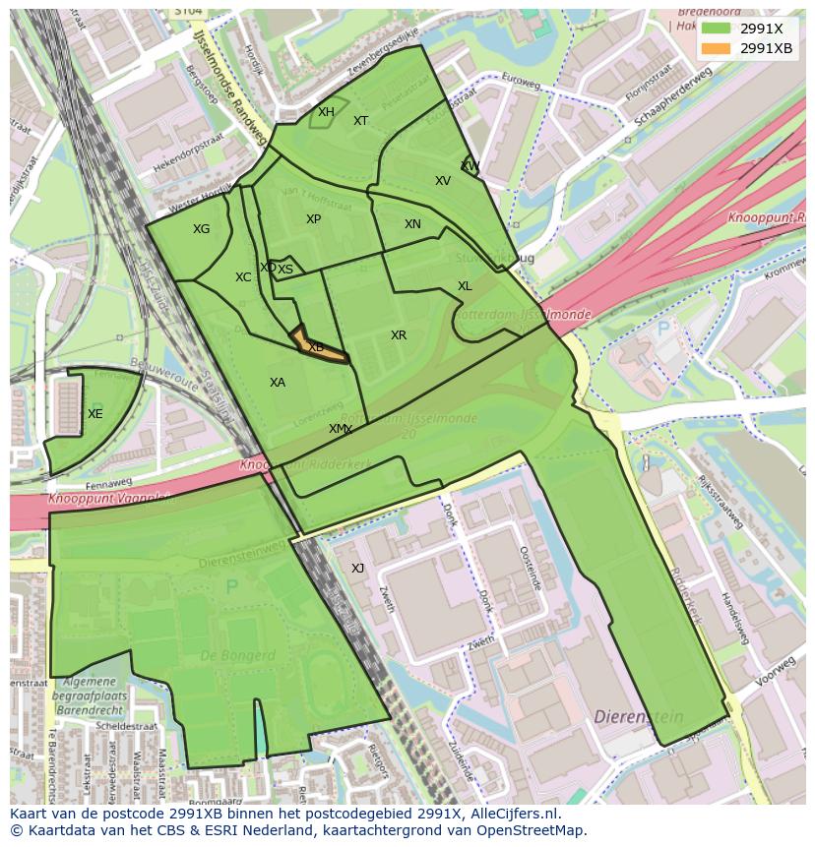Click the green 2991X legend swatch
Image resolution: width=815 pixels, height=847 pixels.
click(x=716, y=29)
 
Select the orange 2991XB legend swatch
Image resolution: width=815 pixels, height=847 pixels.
click(x=716, y=48)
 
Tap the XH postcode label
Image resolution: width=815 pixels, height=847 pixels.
click(x=326, y=112)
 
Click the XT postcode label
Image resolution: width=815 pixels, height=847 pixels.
click(x=360, y=121)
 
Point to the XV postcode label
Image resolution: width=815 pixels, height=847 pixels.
click(x=443, y=181)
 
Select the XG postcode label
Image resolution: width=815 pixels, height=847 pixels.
click(x=201, y=229)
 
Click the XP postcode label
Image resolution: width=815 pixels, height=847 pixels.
click(x=313, y=219)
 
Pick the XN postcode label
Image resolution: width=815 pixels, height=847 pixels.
click(x=412, y=224)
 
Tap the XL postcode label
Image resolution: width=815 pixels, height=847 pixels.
click(x=465, y=286)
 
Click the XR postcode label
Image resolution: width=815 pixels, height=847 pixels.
click(x=398, y=335)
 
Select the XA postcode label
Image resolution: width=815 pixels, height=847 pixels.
click(x=278, y=382)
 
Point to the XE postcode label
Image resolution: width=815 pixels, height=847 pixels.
click(x=94, y=414)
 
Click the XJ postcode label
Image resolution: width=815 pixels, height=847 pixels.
click(x=357, y=569)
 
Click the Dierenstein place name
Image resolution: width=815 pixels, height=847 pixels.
click(x=639, y=718)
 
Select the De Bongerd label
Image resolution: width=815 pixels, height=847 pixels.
click(x=237, y=655)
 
